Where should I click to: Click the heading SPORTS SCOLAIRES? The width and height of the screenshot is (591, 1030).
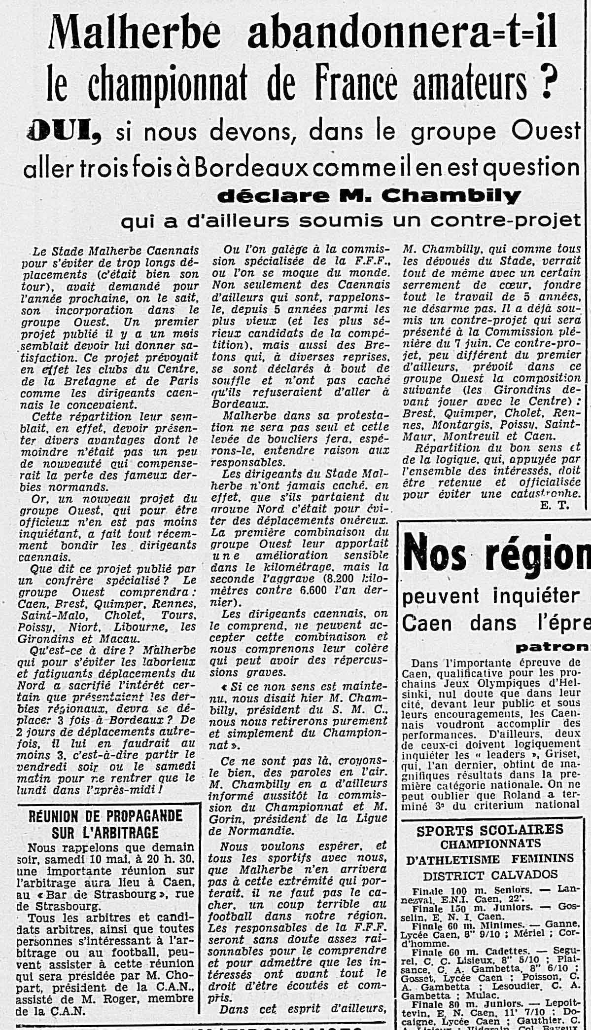click(489, 830)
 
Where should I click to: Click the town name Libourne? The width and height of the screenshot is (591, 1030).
click(142, 627)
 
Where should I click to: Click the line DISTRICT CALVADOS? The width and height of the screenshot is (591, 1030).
click(490, 875)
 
